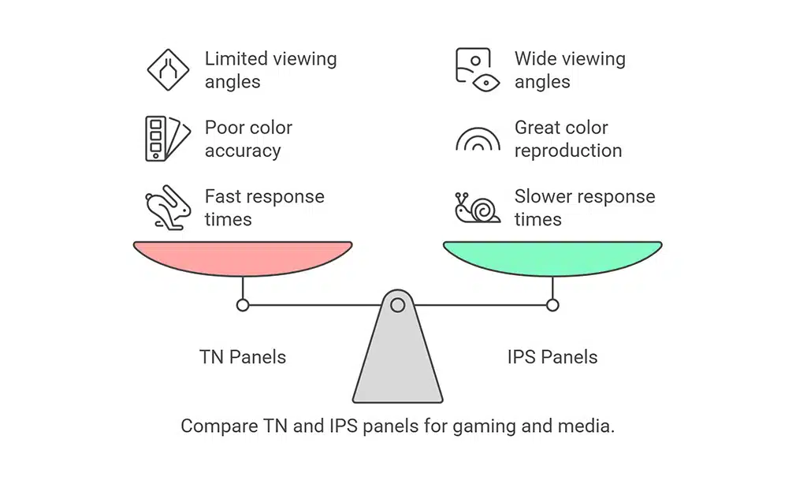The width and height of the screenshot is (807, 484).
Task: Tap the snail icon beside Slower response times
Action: point(478,207)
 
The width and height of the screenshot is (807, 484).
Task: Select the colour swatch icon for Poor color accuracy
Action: point(166,138)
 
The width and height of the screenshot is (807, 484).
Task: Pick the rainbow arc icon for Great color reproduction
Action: point(478,140)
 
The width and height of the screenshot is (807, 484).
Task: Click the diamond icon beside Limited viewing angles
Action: point(168,69)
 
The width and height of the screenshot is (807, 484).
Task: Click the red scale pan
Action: point(243,259)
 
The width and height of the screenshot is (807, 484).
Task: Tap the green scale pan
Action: point(552,259)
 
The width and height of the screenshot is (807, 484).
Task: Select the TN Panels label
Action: point(243,357)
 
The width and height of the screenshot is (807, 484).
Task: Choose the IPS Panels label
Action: point(552,357)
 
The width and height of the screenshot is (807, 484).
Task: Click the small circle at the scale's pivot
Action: point(398,304)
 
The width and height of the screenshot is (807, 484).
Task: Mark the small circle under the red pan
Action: point(243,305)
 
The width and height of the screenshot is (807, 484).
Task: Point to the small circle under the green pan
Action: point(552,305)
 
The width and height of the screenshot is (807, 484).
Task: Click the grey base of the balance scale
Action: point(398,363)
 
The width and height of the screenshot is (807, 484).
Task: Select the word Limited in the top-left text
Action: point(235,59)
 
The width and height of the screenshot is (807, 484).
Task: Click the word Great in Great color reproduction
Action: point(538,128)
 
